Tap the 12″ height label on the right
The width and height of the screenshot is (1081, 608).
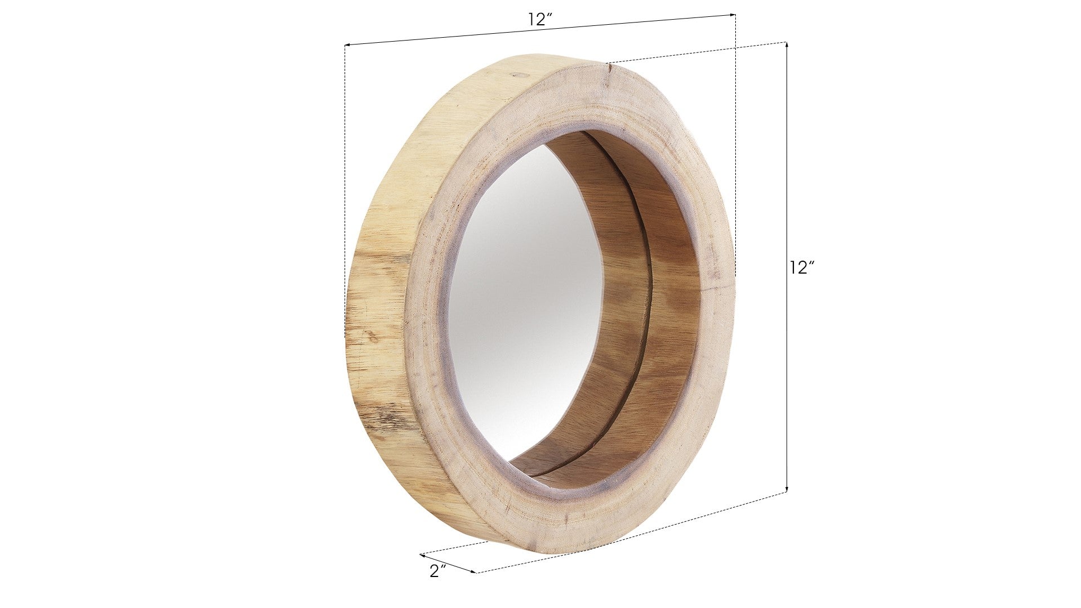(x=802, y=267)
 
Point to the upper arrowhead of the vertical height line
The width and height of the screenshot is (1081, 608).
(x=787, y=46)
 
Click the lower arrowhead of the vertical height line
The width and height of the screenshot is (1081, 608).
(x=787, y=488)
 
